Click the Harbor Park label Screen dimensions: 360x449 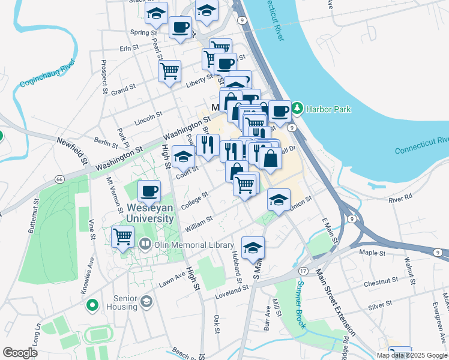(x=328, y=109)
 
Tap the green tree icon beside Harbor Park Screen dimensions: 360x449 (x=297, y=109)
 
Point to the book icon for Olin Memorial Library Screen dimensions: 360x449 (x=145, y=244)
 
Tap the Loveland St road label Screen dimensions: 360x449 (x=232, y=289)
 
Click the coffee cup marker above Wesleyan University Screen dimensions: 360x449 (x=149, y=191)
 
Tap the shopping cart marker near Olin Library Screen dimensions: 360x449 (x=122, y=236)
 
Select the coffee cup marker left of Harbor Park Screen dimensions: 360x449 (x=279, y=110)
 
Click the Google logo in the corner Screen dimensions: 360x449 (x=20, y=353)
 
